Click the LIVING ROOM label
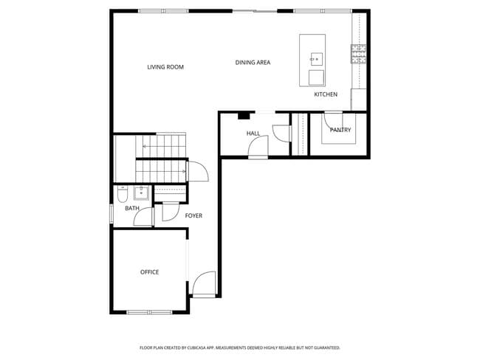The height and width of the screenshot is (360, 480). (165, 67)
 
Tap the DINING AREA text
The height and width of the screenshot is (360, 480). (253, 63)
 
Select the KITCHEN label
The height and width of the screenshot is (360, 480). (326, 94)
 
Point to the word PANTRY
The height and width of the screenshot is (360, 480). (340, 130)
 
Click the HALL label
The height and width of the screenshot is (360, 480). (253, 134)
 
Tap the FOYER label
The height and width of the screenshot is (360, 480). (193, 215)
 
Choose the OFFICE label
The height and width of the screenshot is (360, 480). (149, 272)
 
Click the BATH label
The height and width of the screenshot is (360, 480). (131, 208)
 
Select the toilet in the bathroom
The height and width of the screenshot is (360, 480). (123, 195)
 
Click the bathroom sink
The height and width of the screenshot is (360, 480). (140, 193)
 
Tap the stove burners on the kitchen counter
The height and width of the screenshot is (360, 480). (359, 53)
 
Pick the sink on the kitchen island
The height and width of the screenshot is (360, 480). (315, 57)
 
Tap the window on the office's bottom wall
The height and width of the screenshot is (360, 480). (149, 312)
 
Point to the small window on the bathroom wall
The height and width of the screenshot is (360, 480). (112, 212)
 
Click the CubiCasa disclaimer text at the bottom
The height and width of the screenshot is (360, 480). (239, 347)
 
